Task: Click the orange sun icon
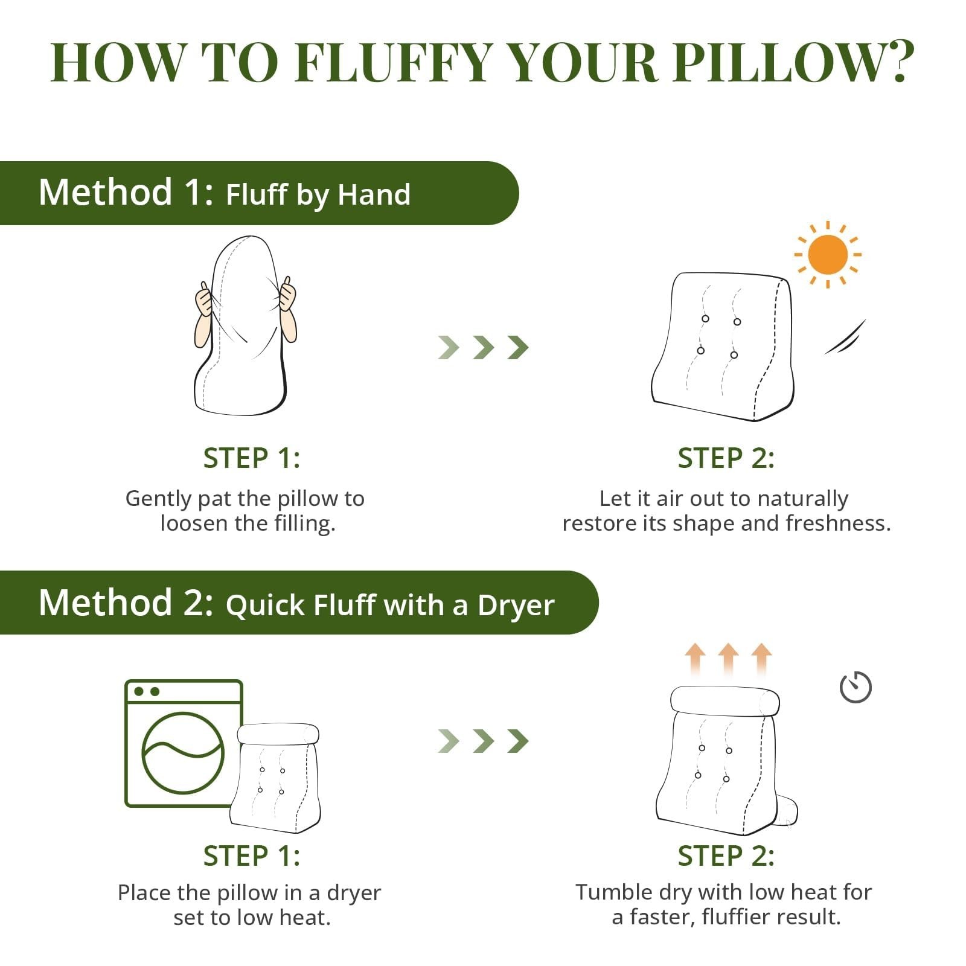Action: (828, 255)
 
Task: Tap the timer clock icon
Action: (856, 687)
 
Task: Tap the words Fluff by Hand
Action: (318, 194)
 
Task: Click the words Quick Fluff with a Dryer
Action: (390, 605)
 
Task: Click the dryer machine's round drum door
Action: (183, 752)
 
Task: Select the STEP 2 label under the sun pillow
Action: (726, 458)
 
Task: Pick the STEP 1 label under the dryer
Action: (251, 856)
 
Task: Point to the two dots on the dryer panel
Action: (147, 691)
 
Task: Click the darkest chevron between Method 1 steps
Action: (518, 347)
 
